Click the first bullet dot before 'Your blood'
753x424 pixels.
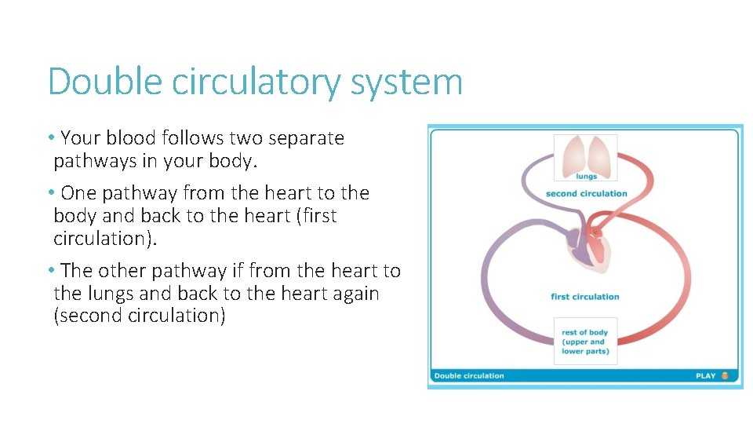51,138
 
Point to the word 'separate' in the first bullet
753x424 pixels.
307,139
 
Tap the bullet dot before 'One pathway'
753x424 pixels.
51,193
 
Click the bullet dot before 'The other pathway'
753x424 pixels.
51,271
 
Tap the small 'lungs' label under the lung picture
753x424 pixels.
586,177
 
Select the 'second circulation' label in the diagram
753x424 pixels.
586,193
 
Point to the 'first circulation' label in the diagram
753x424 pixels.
585,297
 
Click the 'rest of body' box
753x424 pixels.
585,342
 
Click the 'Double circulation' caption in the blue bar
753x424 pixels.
469,376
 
